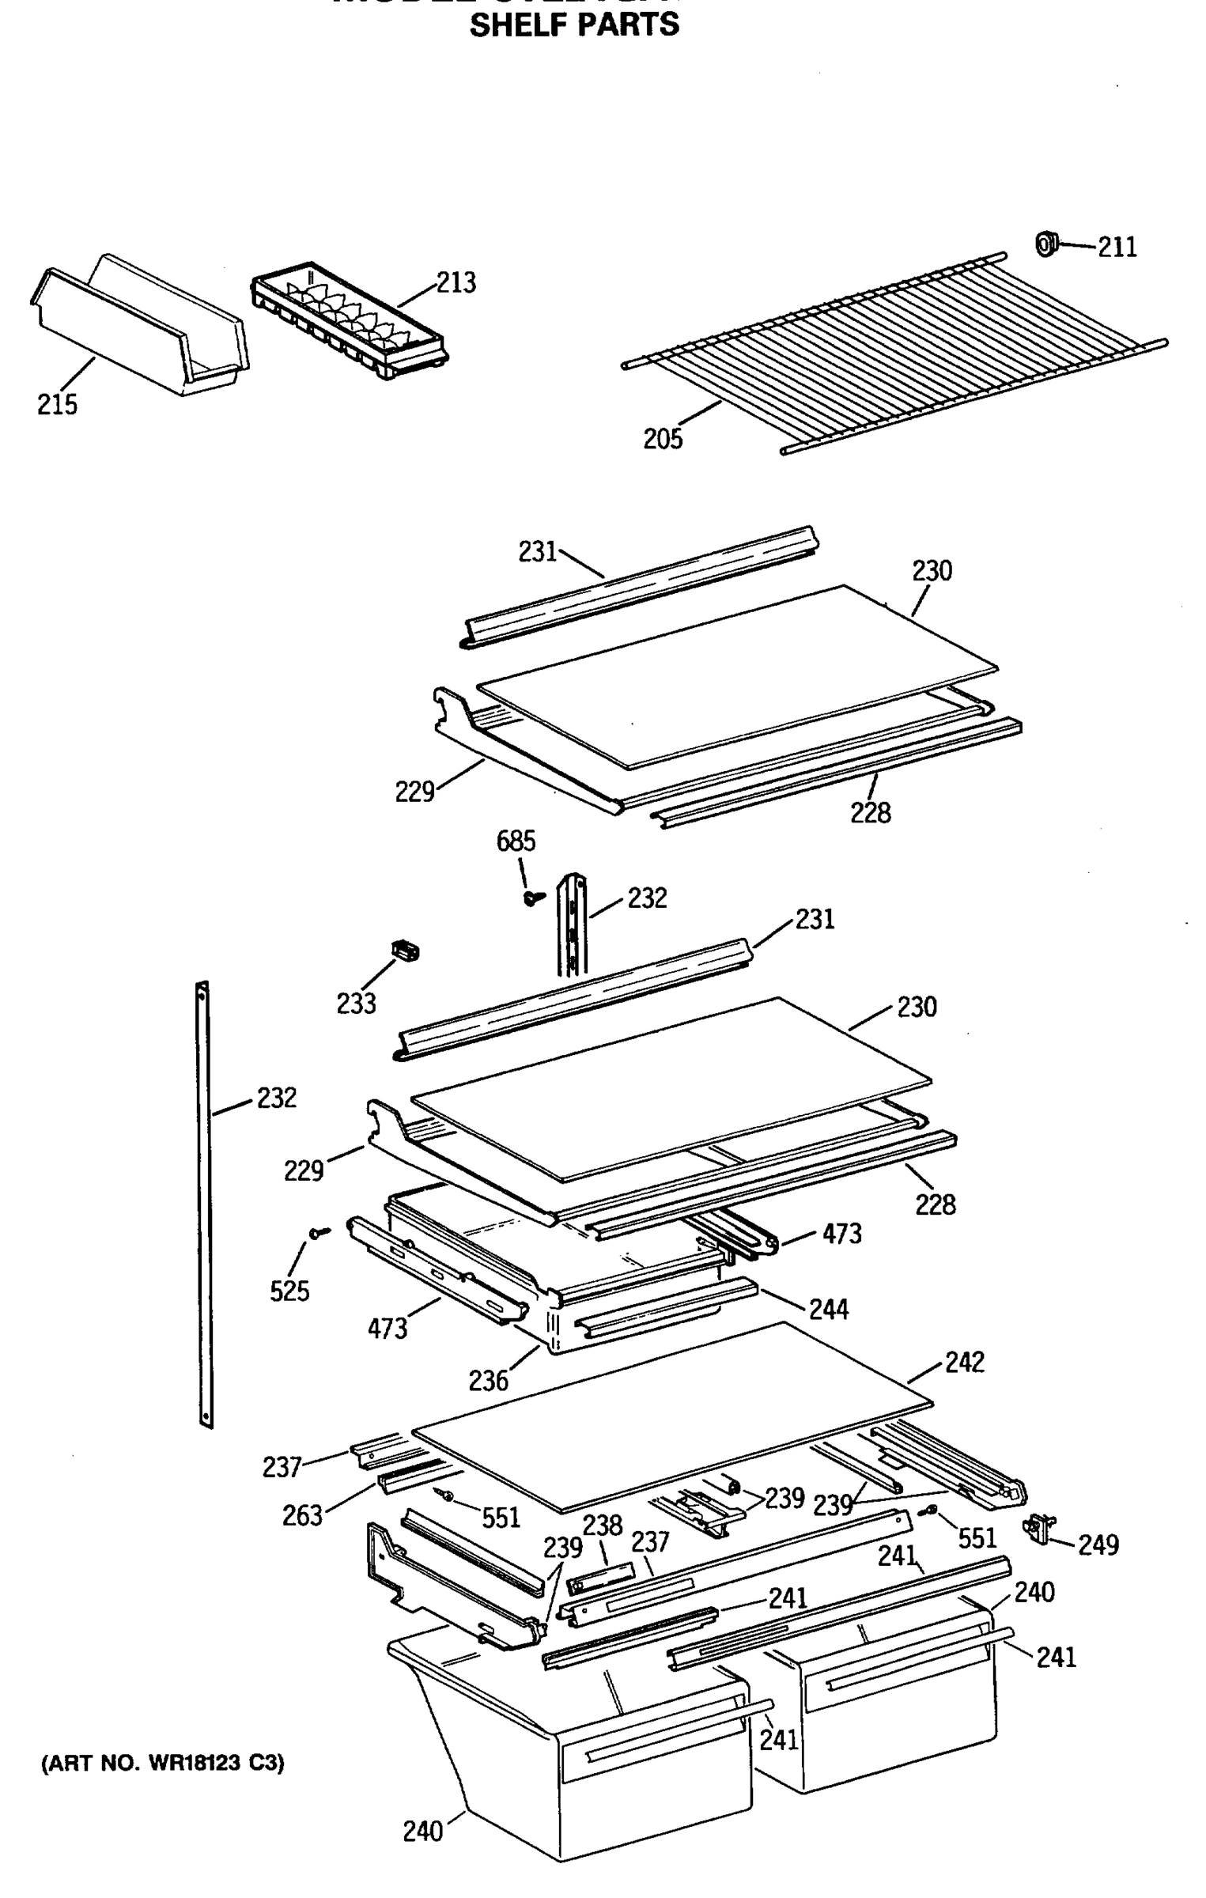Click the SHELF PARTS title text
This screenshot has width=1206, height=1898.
click(x=574, y=25)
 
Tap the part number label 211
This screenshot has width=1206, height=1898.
click(x=1117, y=248)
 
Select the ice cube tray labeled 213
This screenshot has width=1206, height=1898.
click(x=348, y=321)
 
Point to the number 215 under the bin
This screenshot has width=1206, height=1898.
click(x=57, y=404)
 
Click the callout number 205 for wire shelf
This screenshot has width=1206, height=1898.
click(x=662, y=438)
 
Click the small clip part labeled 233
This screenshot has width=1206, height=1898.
click(x=406, y=951)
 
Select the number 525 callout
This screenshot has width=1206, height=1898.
click(x=289, y=1291)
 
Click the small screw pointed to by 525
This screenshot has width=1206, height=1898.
click(x=319, y=1232)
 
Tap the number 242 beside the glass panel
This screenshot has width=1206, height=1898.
click(x=965, y=1362)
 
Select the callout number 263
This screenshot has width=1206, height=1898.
click(x=302, y=1515)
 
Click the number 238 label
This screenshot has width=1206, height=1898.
click(x=603, y=1525)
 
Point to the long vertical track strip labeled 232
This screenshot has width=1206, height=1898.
click(x=204, y=1202)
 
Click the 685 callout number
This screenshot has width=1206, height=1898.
click(x=516, y=841)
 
